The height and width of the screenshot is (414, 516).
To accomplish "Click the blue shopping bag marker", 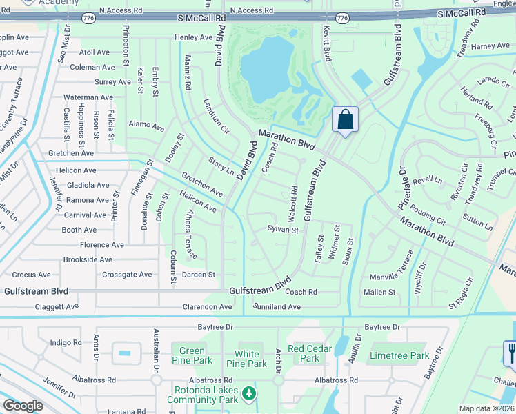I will (x=344, y=119).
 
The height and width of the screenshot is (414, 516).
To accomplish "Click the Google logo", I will (x=23, y=406).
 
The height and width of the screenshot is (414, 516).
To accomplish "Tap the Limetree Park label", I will (x=399, y=356).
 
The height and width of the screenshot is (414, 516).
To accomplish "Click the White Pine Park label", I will (x=246, y=359).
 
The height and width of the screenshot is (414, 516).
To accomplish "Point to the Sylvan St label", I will (x=283, y=230).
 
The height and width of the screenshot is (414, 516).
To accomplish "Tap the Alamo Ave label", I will (x=146, y=127).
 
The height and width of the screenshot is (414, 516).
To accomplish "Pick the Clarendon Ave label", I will (x=207, y=306).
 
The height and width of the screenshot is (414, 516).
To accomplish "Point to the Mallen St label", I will (x=379, y=292).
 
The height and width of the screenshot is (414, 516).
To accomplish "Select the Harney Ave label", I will (x=490, y=46).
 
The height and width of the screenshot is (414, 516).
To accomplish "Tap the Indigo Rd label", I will (x=66, y=342).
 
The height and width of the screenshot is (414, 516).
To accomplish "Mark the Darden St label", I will (x=199, y=275).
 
